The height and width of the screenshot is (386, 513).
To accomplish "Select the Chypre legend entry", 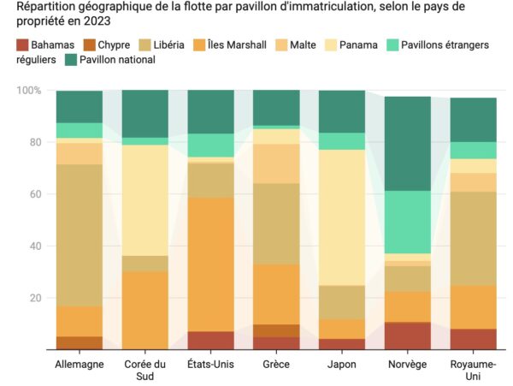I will (114, 45).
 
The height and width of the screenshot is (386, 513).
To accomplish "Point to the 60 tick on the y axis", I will (35, 194).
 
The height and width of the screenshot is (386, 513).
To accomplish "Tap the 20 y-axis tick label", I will (35, 298).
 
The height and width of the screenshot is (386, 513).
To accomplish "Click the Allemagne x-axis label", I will (79, 364).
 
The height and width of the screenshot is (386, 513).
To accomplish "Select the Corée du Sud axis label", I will (144, 370).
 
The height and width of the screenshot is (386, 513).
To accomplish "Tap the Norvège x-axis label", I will (407, 364).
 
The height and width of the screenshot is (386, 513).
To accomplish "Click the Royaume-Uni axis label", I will (473, 370).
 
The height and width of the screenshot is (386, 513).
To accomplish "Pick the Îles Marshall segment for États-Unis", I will (210, 264).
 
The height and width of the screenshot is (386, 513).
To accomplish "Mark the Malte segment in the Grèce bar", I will (276, 163).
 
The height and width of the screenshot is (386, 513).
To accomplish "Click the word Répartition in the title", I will (42, 8).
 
